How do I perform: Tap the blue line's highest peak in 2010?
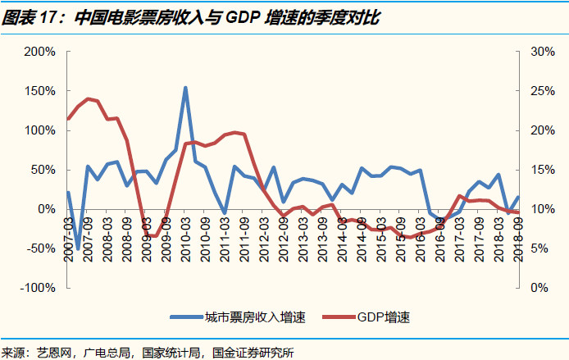coord(185,88)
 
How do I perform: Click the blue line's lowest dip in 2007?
coord(79,248)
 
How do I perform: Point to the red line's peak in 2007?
coord(88,99)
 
